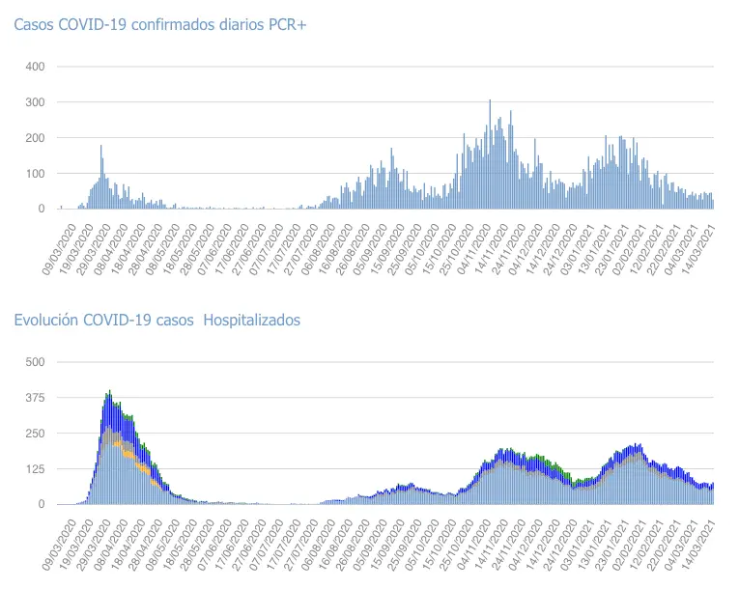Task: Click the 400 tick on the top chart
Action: point(36,67)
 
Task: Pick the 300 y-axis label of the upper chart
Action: point(36,102)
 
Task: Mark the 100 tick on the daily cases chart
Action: point(36,174)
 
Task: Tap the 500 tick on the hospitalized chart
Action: point(36,362)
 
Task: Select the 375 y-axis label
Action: point(36,398)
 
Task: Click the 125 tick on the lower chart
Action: point(36,469)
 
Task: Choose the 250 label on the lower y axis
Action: point(36,434)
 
